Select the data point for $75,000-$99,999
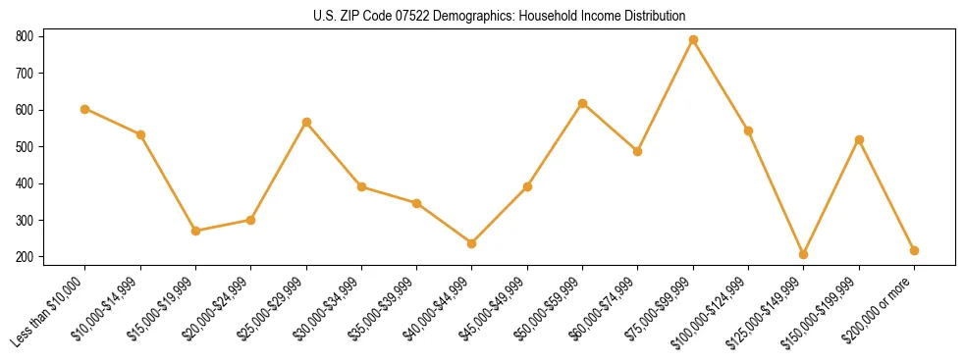tap(693, 40)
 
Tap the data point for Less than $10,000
tap(85, 109)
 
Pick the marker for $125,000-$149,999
tap(804, 254)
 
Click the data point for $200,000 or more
tap(914, 250)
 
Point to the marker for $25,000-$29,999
tap(306, 122)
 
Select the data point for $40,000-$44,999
tap(472, 243)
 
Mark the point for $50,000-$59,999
tap(583, 103)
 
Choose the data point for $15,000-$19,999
tap(196, 231)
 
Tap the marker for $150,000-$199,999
tap(859, 139)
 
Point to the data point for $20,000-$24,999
tap(251, 220)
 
